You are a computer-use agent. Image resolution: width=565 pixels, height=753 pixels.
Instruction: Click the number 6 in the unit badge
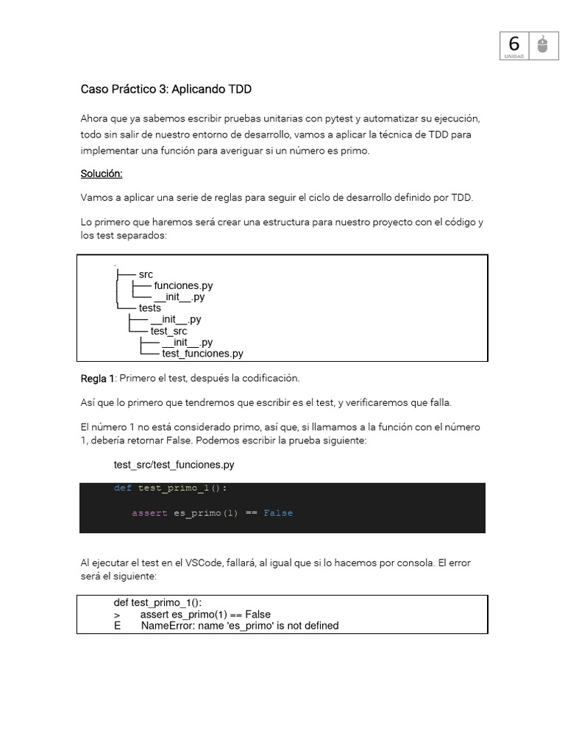pos(514,44)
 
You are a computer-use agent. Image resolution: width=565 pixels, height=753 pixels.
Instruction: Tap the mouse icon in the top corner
pos(543,46)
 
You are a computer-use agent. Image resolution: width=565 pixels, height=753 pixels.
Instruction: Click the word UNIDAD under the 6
pos(514,57)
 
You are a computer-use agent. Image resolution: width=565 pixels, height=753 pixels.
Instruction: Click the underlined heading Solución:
pos(102,174)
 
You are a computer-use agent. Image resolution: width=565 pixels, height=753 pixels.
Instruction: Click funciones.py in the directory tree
pos(183,285)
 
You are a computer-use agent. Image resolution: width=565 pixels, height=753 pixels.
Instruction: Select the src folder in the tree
pos(146,274)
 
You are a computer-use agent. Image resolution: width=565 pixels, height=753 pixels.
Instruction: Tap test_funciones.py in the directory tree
pos(202,354)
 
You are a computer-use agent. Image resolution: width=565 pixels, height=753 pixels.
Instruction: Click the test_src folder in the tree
pos(168,331)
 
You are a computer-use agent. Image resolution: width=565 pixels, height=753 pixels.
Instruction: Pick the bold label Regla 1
pos(97,378)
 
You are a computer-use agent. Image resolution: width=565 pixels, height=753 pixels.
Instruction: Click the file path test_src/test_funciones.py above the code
pos(174,465)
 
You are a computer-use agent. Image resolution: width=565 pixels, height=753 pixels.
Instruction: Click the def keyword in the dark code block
pos(122,488)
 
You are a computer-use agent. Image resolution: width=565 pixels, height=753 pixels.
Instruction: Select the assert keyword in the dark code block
pos(149,513)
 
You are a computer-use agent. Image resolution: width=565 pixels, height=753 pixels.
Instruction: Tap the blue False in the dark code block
pos(278,513)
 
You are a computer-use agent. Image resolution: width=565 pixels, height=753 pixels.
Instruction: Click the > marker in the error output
pos(117,615)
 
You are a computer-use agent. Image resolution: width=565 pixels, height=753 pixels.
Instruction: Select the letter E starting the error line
pos(117,626)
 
